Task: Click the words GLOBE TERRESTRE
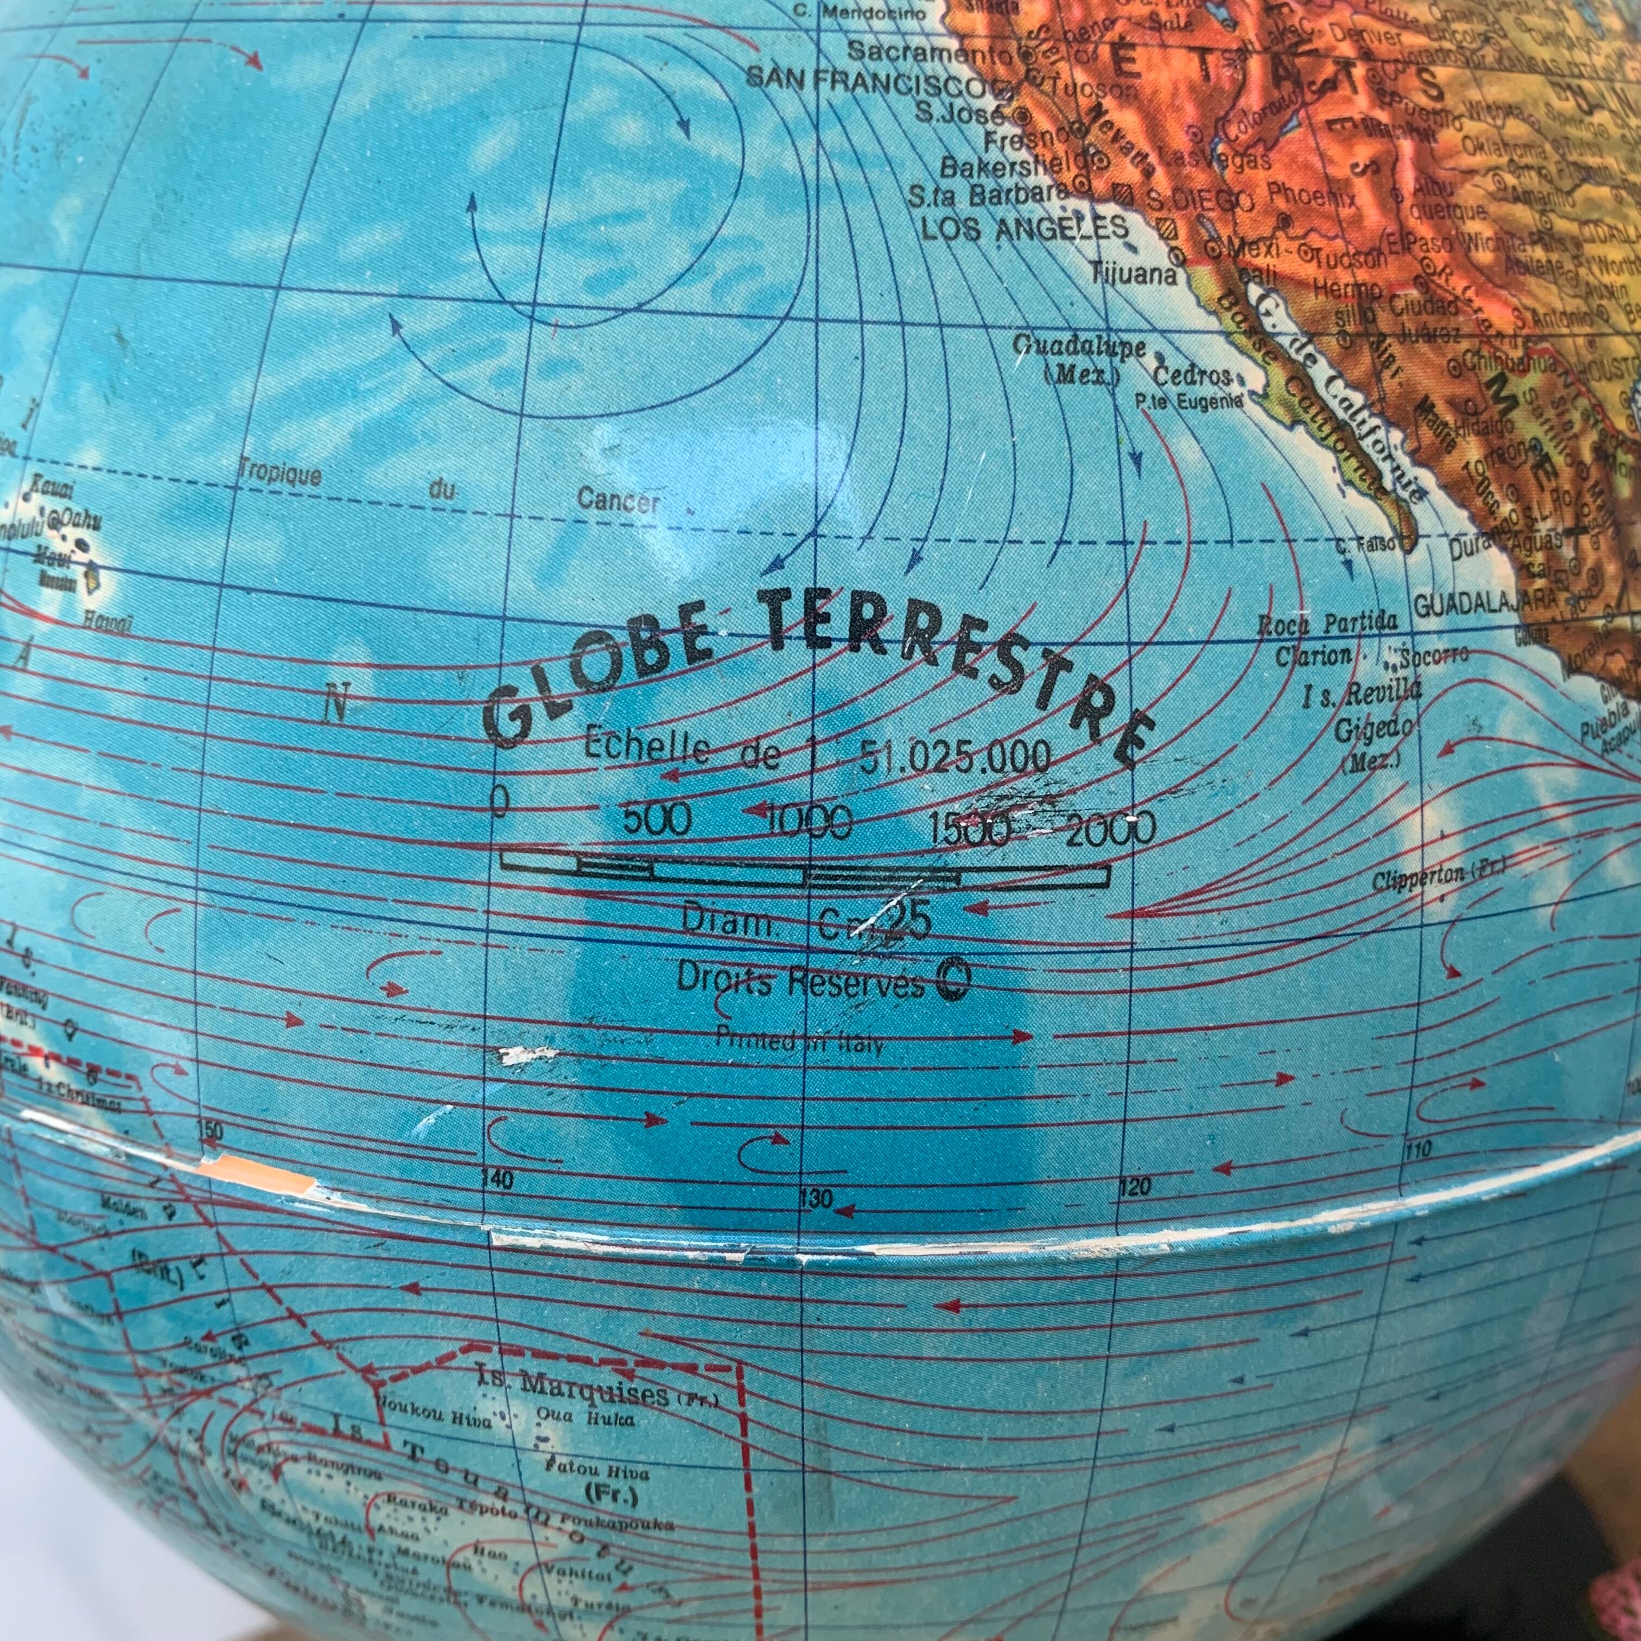pos(816,671)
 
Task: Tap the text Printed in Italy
pos(798,1040)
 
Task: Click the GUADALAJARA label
pos(1486,604)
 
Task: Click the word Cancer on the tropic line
pos(618,500)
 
